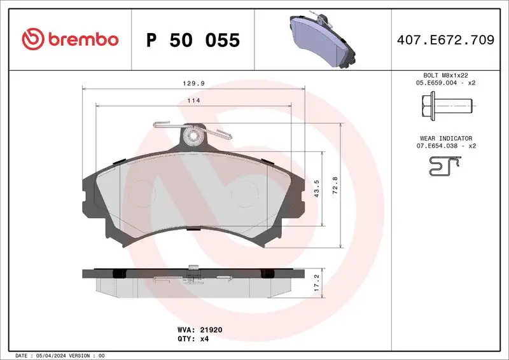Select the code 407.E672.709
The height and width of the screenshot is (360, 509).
(x=445, y=40)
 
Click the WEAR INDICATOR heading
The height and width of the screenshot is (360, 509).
(x=445, y=138)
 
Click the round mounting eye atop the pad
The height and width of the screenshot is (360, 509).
(x=191, y=136)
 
